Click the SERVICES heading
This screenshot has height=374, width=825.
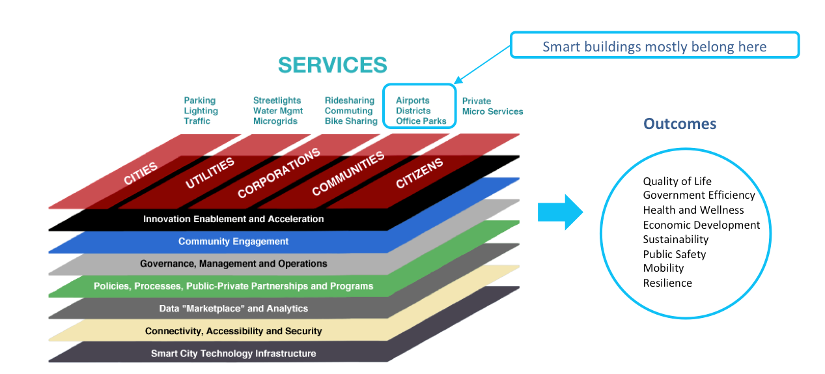tap(332, 65)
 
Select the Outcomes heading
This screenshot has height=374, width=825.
tap(680, 124)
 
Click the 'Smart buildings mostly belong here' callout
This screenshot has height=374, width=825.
tap(654, 46)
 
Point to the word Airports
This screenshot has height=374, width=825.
tap(412, 100)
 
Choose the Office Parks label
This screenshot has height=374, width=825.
tap(421, 121)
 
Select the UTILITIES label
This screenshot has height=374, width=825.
tap(210, 173)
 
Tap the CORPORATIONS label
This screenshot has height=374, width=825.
tap(279, 173)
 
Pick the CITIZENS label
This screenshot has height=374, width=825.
tap(419, 173)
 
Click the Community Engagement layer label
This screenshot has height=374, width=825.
tap(233, 242)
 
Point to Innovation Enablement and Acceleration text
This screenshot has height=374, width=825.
tap(233, 219)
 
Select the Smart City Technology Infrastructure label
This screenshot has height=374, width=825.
tap(233, 354)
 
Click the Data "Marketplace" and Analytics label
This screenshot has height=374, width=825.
tap(233, 308)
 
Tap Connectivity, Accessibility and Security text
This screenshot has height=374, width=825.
tap(233, 331)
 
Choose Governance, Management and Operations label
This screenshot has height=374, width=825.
tap(233, 264)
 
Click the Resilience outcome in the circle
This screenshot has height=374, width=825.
tap(667, 283)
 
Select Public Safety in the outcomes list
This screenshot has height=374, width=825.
tap(674, 254)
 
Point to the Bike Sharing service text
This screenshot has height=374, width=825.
tap(351, 121)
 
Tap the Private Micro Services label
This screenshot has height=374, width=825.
tap(492, 106)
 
